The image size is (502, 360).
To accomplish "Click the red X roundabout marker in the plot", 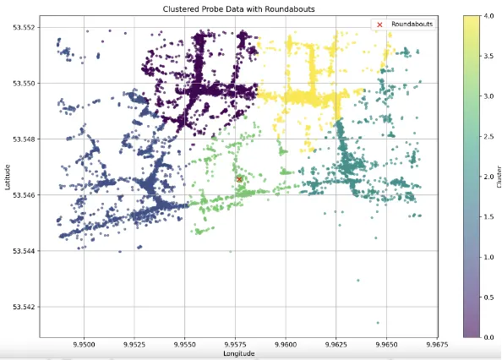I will [x=239, y=179].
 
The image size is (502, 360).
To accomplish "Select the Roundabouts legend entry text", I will [x=412, y=25].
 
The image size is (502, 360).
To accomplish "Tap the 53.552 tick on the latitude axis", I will [x=22, y=28].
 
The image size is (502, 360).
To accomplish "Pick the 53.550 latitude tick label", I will [x=22, y=84].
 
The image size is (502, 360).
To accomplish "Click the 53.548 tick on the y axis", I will [x=22, y=139].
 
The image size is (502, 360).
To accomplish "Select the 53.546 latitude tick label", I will [x=22, y=195].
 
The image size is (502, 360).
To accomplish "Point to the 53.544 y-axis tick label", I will [x=22, y=251].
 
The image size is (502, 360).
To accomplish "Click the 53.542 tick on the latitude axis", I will [x=22, y=307].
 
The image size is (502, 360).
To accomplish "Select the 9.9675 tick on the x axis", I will [x=437, y=344].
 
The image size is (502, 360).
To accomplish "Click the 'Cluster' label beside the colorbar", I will [x=499, y=177].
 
